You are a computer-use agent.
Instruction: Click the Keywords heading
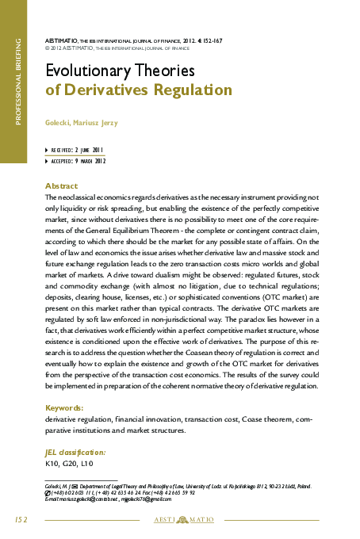point(66,407)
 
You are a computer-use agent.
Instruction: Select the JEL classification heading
point(76,451)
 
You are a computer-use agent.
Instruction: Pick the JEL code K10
point(54,463)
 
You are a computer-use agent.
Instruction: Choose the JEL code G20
point(72,463)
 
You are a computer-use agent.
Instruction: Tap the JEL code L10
point(88,463)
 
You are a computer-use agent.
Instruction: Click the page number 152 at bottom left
point(21,519)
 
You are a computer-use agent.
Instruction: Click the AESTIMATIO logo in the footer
point(179,520)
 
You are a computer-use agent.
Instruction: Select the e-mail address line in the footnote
point(109,499)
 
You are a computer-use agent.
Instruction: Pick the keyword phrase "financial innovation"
point(147,418)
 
